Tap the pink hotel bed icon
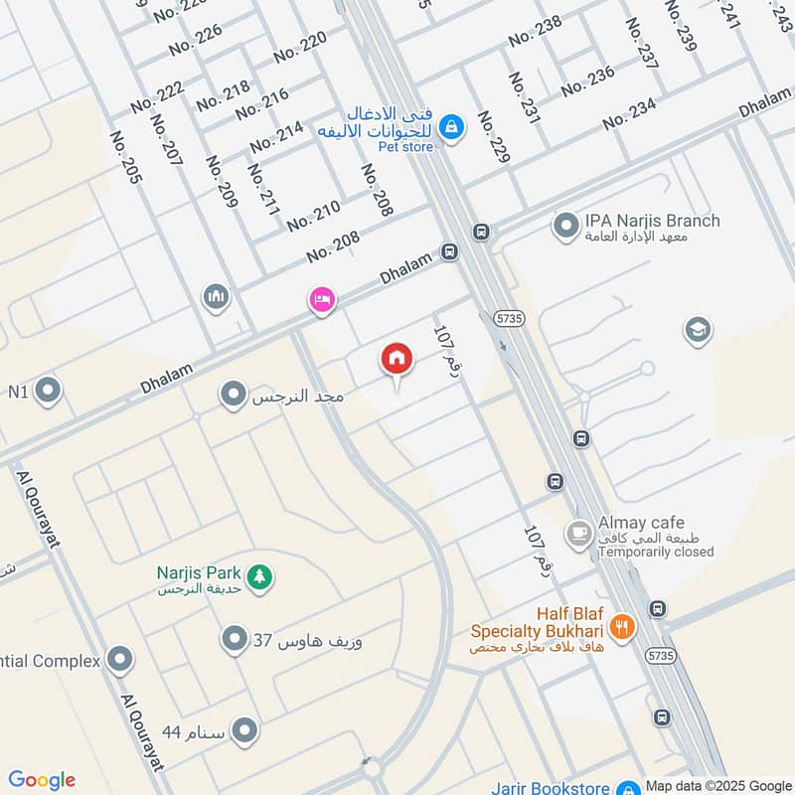(x=321, y=299)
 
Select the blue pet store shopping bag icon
(x=451, y=127)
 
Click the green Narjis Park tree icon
(x=259, y=575)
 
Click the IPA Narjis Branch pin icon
(x=565, y=227)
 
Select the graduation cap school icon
(x=698, y=330)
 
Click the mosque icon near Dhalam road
(x=217, y=296)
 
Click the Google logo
(x=42, y=780)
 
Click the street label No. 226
(x=196, y=39)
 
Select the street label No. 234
(x=629, y=114)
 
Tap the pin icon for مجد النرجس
(x=234, y=396)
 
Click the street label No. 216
(x=262, y=103)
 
